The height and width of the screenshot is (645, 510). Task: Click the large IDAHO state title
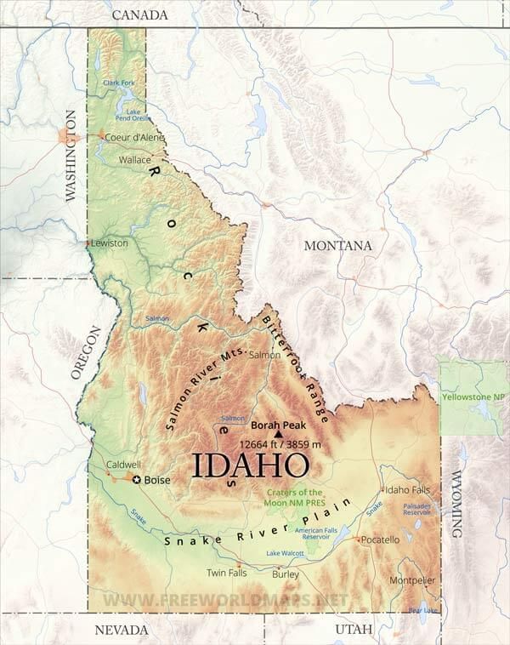pyautogui.click(x=249, y=465)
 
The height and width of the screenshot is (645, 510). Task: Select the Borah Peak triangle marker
pyautogui.click(x=277, y=433)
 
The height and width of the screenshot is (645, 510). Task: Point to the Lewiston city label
pyautogui.click(x=110, y=243)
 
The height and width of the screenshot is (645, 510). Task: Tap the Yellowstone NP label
pyautogui.click(x=474, y=397)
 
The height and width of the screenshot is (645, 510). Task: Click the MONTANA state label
pyautogui.click(x=338, y=245)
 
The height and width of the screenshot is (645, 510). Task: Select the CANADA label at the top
pyautogui.click(x=139, y=14)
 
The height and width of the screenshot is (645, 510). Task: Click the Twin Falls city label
pyautogui.click(x=227, y=574)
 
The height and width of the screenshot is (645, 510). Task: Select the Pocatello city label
pyautogui.click(x=379, y=540)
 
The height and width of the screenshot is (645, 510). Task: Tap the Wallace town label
pyautogui.click(x=134, y=159)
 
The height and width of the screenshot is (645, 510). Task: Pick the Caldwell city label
pyautogui.click(x=124, y=465)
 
